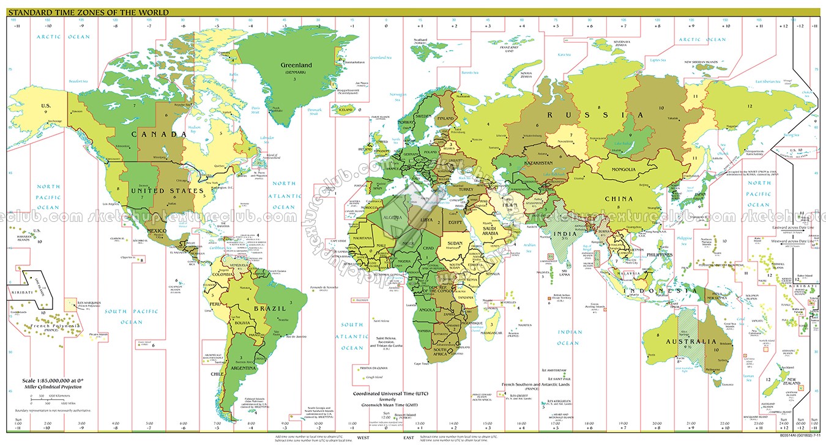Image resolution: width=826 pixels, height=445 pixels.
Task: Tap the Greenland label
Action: [296, 65]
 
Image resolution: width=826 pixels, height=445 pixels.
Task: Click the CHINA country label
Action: [619, 199]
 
